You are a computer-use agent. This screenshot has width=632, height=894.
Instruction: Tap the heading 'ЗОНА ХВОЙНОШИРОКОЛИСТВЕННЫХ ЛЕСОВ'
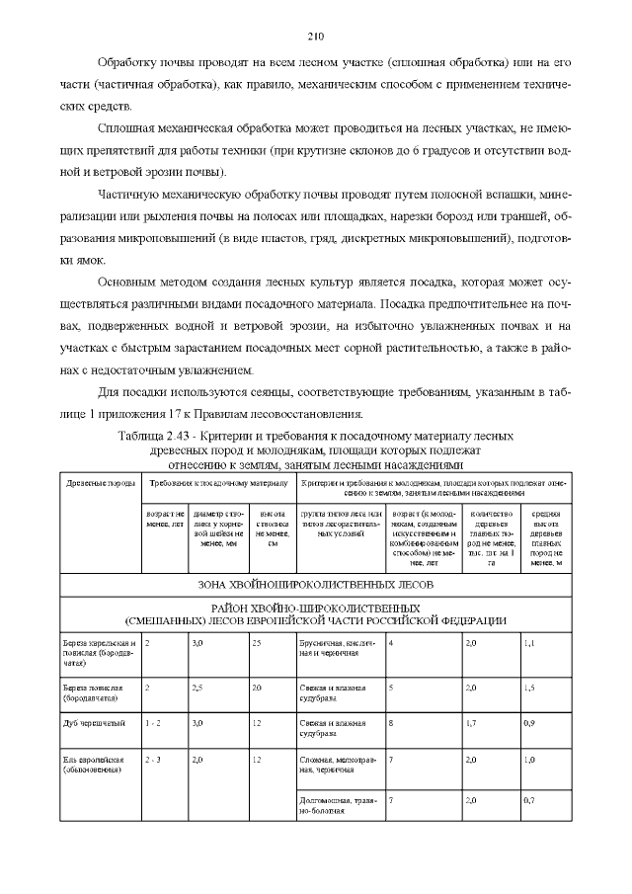(x=315, y=584)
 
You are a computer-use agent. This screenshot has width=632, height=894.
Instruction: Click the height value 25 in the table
(x=257, y=643)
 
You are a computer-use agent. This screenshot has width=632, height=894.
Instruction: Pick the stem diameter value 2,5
(x=197, y=686)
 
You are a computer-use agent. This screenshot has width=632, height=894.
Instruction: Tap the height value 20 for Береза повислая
(x=257, y=686)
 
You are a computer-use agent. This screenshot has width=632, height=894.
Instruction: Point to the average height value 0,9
(x=529, y=723)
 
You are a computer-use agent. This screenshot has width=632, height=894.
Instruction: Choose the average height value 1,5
(x=529, y=686)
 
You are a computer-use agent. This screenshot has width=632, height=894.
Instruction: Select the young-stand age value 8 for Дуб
(x=392, y=723)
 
